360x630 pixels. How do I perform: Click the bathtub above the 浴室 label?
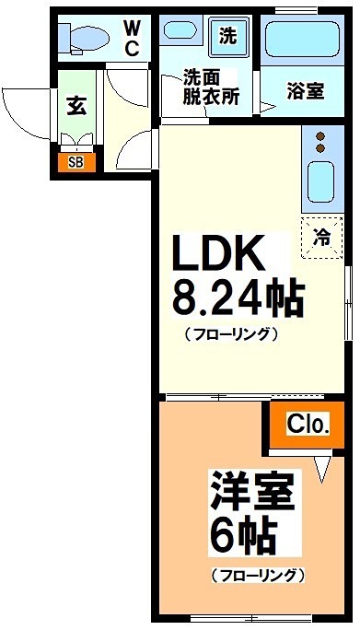click(303, 42)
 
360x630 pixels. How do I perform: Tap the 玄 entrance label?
click(75, 106)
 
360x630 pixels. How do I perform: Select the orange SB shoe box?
click(75, 162)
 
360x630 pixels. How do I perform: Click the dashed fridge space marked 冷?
click(321, 236)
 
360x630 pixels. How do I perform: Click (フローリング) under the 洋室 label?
click(257, 577)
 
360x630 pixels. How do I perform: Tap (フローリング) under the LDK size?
click(230, 334)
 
